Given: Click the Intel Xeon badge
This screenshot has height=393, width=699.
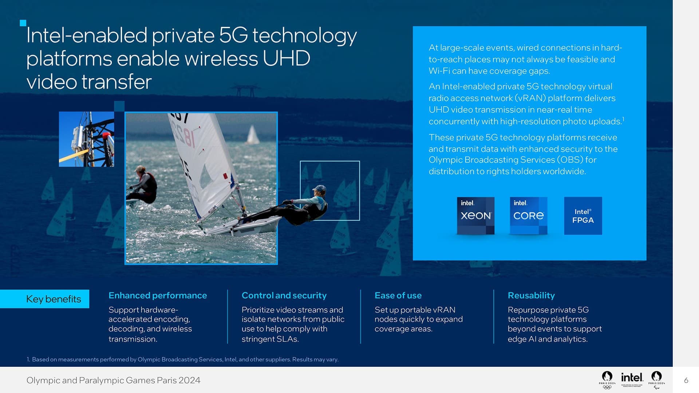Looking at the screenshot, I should [x=475, y=215].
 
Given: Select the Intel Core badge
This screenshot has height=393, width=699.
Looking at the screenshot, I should [x=528, y=215].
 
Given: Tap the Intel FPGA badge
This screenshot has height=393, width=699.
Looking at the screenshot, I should [x=583, y=215].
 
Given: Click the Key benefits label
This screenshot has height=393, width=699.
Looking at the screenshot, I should [x=54, y=299].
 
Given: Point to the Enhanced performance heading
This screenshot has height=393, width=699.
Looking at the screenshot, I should [x=157, y=295].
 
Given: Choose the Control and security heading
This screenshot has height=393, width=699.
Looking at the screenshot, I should [x=284, y=295].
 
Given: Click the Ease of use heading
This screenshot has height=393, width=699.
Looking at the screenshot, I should [x=398, y=295].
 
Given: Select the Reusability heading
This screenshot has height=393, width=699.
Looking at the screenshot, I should [x=531, y=295].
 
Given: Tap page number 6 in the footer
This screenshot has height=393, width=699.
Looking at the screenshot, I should [x=686, y=380].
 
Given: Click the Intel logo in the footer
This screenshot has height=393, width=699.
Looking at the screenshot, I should [x=632, y=378].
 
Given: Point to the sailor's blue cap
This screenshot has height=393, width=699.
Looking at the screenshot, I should [x=320, y=188].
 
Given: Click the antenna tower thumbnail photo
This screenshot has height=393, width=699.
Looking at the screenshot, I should [x=86, y=139].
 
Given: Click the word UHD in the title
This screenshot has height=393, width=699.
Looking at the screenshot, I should [x=286, y=58].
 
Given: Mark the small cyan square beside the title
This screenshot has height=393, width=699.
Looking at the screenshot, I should [x=23, y=23].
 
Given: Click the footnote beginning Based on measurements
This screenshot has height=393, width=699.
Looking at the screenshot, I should [x=185, y=359].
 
